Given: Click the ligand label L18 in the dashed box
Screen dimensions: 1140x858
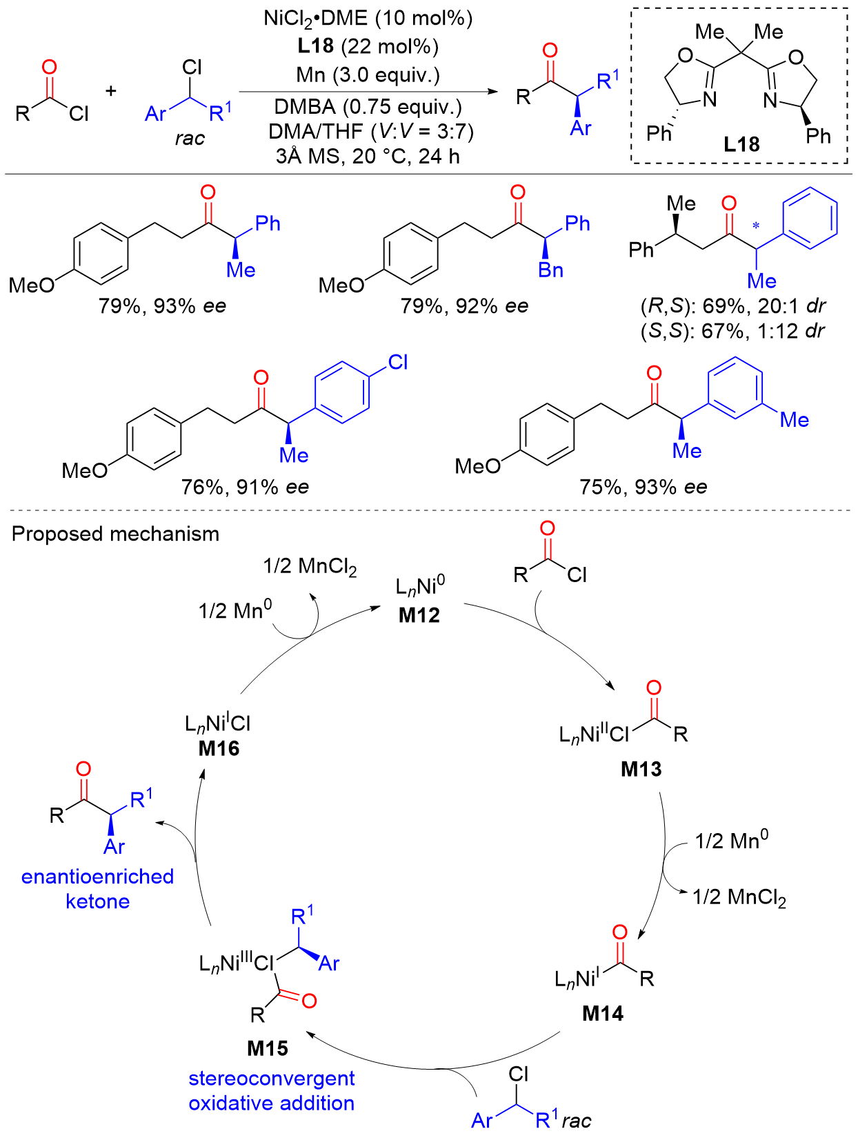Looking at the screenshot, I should coord(741,144).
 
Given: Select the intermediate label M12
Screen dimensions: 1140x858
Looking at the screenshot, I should coord(419,615).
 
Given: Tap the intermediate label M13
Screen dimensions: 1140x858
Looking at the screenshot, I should coord(641,769).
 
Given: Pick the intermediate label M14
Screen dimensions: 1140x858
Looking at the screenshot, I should coord(602,1013).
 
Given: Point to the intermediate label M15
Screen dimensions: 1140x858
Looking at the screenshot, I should coord(268,1048).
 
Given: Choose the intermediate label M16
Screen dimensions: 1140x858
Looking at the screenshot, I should coord(219,748).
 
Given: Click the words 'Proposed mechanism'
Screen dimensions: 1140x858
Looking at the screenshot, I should coord(116,534).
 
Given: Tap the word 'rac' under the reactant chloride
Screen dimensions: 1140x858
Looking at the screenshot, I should coord(190,139).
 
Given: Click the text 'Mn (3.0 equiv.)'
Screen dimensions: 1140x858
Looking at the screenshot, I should coord(368,74).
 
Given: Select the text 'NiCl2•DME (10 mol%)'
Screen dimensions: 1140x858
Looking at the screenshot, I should coord(368,19).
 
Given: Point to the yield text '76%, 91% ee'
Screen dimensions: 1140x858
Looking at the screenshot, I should coord(245,488).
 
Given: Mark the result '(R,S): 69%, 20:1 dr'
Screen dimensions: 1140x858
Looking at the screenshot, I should coord(732,306).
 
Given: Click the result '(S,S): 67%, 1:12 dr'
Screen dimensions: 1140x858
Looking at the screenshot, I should coord(732,331).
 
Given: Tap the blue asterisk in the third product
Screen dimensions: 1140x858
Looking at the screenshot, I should coord(756,226).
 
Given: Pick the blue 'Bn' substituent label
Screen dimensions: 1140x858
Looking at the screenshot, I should coord(550,270).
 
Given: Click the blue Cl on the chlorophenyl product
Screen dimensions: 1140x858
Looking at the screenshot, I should coord(398,363).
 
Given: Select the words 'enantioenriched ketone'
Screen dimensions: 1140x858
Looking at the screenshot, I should coord(97,889).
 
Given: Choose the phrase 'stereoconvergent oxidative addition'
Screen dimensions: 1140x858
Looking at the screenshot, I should coord(272,1090).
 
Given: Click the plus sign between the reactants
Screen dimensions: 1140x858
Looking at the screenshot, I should coord(111,91).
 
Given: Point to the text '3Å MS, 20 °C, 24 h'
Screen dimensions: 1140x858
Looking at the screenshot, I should coord(368,157).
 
